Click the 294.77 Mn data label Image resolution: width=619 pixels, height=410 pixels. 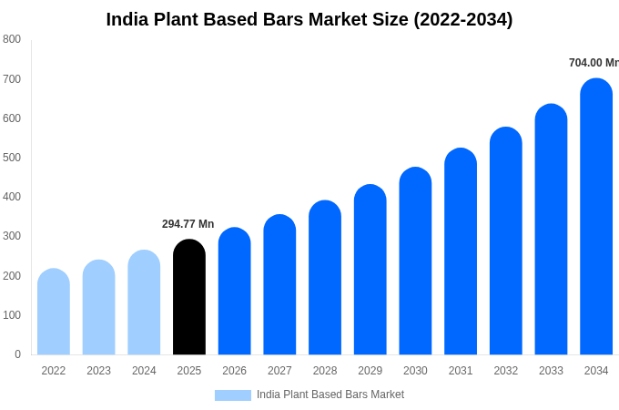click(x=188, y=224)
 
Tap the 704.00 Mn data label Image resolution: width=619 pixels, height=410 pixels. click(x=593, y=63)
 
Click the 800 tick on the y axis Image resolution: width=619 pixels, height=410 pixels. click(x=12, y=39)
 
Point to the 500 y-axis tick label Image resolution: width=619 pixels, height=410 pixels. click(x=12, y=158)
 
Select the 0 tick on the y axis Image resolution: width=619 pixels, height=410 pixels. click(x=17, y=354)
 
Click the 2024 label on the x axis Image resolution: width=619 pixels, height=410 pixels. click(x=144, y=371)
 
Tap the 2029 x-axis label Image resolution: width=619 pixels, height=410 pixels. click(x=370, y=371)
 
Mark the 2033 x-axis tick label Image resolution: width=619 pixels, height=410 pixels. click(x=551, y=371)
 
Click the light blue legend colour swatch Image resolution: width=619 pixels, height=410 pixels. click(x=232, y=395)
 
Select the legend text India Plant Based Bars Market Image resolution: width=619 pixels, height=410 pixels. click(x=330, y=395)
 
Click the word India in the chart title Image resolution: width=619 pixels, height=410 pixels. click(x=127, y=19)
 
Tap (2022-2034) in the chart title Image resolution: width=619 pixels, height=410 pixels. click(x=462, y=19)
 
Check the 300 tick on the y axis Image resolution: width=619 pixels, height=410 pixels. click(x=12, y=236)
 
